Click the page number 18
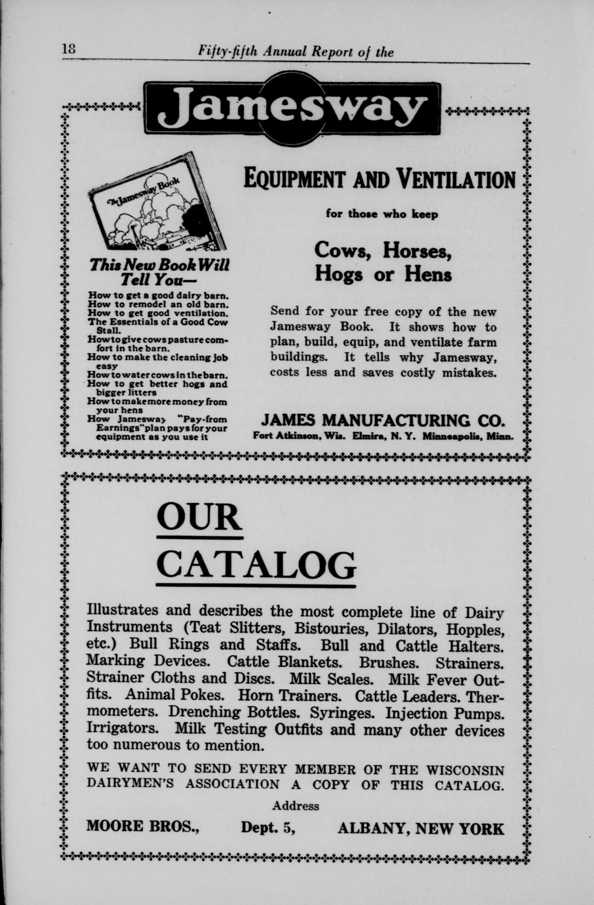[69, 49]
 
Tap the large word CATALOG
[256, 563]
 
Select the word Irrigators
[121, 729]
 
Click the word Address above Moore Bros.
[296, 806]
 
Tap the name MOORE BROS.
[143, 828]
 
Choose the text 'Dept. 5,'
[268, 828]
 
